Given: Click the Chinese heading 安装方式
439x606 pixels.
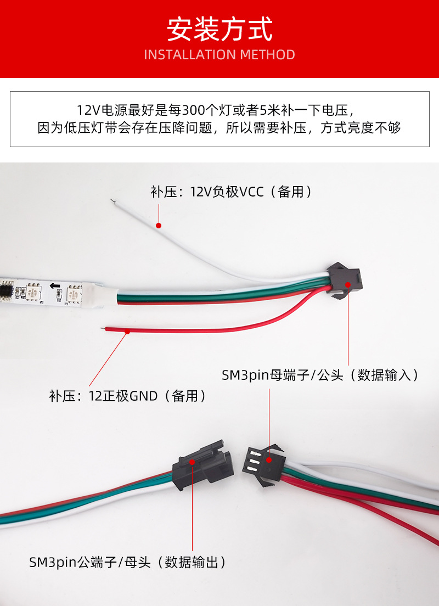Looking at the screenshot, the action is pos(219,29).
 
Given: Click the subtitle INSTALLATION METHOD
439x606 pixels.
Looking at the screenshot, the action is pos(219,55).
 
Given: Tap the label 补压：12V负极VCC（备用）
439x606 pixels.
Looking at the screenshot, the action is pos(231,192).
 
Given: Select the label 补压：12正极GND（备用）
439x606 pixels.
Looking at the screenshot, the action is pos(127,396).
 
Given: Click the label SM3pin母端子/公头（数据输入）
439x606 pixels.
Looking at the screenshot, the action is pos(320,375).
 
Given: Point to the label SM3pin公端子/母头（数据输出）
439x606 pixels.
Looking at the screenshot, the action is pos(127,562).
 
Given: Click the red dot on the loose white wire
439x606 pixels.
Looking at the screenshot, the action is pos(159,225).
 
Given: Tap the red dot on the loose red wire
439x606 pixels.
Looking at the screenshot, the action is pos(127,331).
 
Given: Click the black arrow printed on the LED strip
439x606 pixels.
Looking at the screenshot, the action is pos(55,287).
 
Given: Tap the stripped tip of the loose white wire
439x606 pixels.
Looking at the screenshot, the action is pos(112,201).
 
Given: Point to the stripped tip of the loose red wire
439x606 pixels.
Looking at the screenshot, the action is pos(103,328).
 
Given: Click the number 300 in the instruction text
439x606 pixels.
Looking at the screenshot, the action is pos(193,110).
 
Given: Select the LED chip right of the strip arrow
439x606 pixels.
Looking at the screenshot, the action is pos(74,293).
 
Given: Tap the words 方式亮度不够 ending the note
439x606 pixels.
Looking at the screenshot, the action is pos(361,127).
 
